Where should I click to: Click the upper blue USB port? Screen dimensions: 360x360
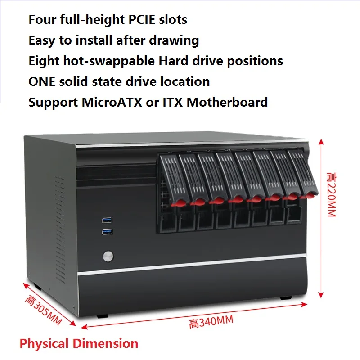point(106,220)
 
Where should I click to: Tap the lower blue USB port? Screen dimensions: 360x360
point(106,231)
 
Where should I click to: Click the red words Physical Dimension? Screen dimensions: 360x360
point(79,344)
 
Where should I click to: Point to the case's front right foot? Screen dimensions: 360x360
point(284,298)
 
